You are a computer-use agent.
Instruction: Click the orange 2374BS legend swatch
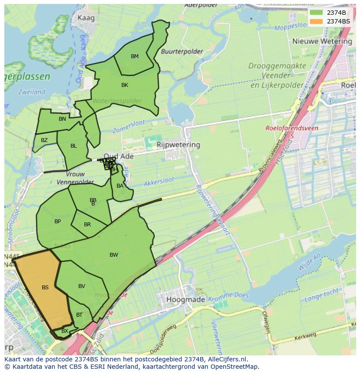point(317,21)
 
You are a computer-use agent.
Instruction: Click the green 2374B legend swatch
point(317,13)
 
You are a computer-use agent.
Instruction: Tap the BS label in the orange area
point(45,287)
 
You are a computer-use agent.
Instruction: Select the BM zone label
point(135,56)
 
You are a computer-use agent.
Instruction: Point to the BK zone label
point(125,85)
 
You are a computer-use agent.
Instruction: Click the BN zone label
point(62,119)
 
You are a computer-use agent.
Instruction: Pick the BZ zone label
point(44,140)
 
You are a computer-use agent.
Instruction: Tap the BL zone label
point(73,146)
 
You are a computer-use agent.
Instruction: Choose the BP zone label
point(57,222)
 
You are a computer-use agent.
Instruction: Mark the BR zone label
point(87,225)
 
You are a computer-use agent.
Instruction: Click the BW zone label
point(113,255)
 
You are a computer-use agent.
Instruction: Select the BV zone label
point(82,286)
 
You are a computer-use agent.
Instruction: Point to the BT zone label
point(79,315)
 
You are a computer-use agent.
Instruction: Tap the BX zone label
point(64,331)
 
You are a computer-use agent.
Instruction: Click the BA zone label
point(120,186)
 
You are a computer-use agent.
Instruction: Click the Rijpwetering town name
point(178,145)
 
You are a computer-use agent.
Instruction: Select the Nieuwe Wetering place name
point(322,41)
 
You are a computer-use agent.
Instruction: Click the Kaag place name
point(86,18)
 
